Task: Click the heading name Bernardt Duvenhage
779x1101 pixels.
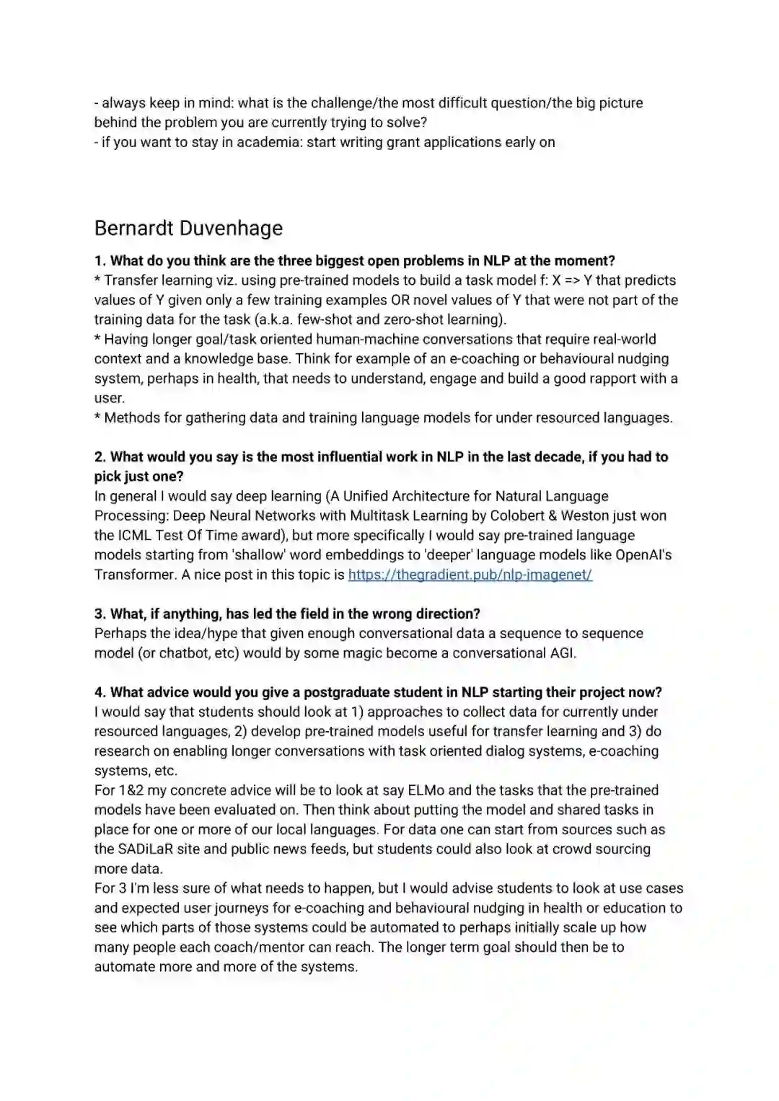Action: [188, 229]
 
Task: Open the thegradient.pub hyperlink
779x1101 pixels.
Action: [470, 575]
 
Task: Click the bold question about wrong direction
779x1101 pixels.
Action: [287, 614]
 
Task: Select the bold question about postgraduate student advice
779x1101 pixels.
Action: [378, 693]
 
